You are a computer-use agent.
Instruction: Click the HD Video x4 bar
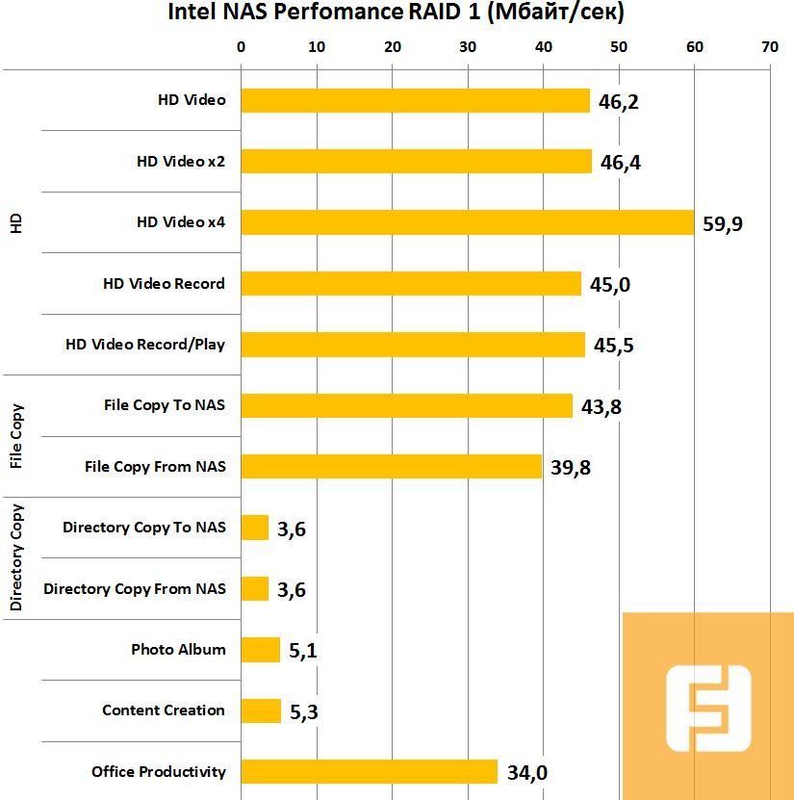[467, 222]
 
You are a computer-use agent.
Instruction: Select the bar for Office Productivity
[369, 771]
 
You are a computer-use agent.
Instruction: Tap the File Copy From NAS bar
[391, 467]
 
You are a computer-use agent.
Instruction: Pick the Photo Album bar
[260, 650]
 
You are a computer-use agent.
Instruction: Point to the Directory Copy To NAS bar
[254, 528]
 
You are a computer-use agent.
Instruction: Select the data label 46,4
[621, 163]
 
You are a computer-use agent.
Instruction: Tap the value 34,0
[526, 772]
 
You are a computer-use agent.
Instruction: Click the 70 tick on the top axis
[769, 46]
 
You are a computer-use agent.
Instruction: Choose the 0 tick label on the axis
[241, 46]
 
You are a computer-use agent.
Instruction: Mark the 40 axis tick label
[543, 46]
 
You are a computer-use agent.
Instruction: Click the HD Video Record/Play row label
[144, 344]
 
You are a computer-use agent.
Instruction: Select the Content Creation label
[164, 710]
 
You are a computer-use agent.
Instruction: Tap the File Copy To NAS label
[165, 405]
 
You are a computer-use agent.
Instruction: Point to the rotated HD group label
[16, 222]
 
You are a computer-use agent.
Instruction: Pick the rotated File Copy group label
[16, 436]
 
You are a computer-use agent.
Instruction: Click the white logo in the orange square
[708, 710]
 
